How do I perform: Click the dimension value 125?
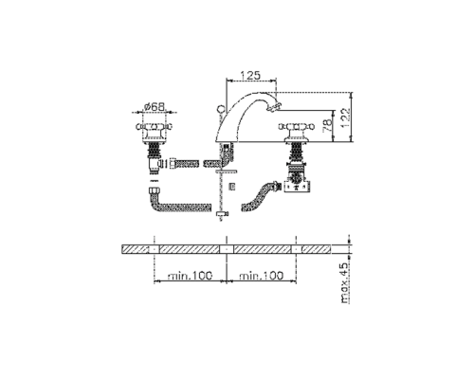click(x=250, y=76)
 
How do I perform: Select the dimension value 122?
click(x=345, y=117)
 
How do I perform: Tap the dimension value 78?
click(x=328, y=125)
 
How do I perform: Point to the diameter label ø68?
click(x=155, y=107)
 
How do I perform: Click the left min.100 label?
click(x=190, y=276)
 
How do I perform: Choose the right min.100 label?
click(x=262, y=276)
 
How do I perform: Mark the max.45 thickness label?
click(x=345, y=283)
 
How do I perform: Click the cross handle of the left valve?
click(x=155, y=127)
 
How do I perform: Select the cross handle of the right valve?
click(x=297, y=127)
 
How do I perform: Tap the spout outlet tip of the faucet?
click(x=272, y=108)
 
